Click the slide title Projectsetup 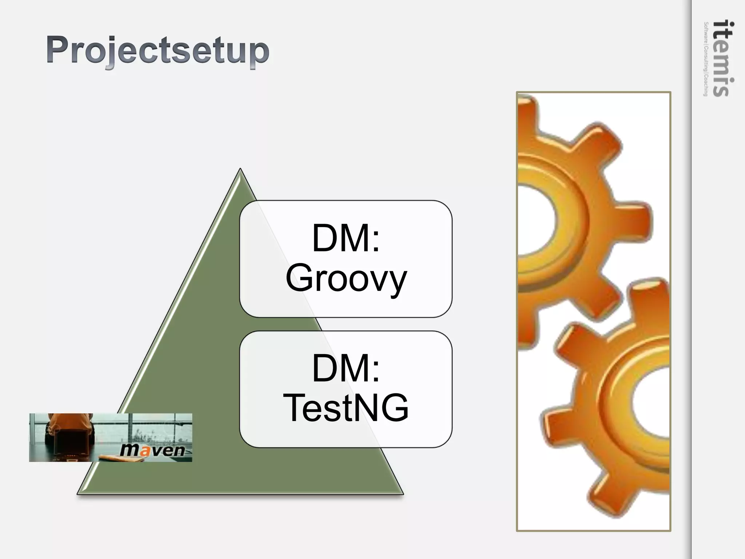(158, 51)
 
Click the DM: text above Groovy (346, 238)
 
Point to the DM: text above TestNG (346, 368)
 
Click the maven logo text (152, 450)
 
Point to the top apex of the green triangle (240, 170)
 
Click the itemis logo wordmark (723, 58)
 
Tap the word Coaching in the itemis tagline (706, 86)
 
